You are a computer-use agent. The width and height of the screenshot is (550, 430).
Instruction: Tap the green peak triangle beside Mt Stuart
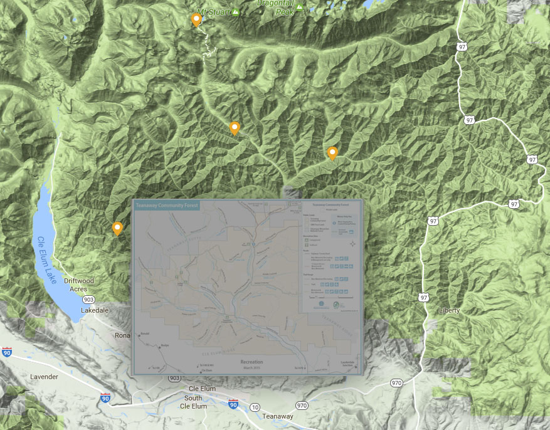(236, 12)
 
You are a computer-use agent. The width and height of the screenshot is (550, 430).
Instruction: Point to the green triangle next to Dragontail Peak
(300, 8)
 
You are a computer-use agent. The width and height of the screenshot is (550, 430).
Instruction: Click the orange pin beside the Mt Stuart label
(196, 20)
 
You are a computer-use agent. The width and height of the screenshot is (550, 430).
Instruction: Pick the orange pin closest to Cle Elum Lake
(117, 229)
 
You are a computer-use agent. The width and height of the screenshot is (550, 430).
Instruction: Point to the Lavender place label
(44, 377)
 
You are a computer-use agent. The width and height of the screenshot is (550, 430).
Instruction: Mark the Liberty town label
(449, 310)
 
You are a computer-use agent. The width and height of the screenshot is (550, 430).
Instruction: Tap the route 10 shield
(254, 407)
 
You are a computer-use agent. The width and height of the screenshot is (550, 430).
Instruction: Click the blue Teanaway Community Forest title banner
(166, 206)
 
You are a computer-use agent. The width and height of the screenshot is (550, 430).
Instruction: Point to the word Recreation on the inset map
(251, 362)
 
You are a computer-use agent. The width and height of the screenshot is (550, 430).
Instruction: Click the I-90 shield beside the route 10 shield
(233, 404)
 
